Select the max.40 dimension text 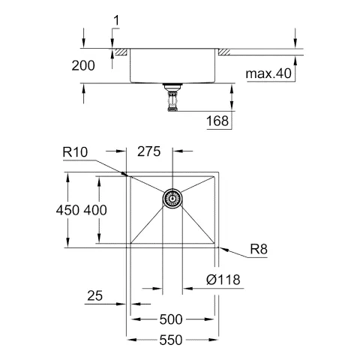pos(268,73)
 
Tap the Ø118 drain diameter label pos(221,280)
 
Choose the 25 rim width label pos(94,298)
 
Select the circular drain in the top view pos(173,198)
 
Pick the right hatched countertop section pos(224,52)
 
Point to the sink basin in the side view pos(173,67)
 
